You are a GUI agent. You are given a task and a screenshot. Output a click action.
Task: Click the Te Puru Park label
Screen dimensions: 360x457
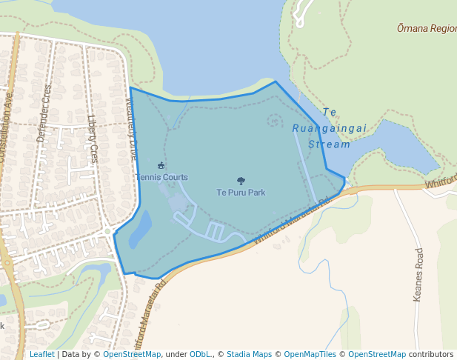pyautogui.click(x=241, y=193)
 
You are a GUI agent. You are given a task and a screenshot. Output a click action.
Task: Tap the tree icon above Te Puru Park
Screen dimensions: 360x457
pyautogui.click(x=241, y=181)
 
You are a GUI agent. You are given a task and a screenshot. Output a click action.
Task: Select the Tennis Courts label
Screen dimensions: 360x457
pyautogui.click(x=161, y=177)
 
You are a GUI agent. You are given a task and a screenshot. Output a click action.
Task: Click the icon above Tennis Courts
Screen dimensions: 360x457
pyautogui.click(x=161, y=165)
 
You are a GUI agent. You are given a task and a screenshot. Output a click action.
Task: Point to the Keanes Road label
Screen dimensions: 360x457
pyautogui.click(x=418, y=275)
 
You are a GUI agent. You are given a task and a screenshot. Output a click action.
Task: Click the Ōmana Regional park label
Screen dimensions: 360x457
pyautogui.click(x=426, y=28)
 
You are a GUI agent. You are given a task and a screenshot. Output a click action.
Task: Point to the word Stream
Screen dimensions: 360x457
pyautogui.click(x=329, y=144)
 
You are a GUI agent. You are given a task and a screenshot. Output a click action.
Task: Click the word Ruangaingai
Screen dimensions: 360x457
pyautogui.click(x=330, y=128)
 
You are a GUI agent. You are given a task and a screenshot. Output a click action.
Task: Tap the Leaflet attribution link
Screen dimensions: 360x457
pyautogui.click(x=41, y=354)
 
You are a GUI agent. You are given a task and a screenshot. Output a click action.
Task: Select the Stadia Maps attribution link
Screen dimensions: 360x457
pyautogui.click(x=249, y=354)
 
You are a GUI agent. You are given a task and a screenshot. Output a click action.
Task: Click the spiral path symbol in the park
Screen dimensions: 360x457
pyautogui.click(x=275, y=119)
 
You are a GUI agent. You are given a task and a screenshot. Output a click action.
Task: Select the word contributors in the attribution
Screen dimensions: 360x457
pyautogui.click(x=430, y=354)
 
